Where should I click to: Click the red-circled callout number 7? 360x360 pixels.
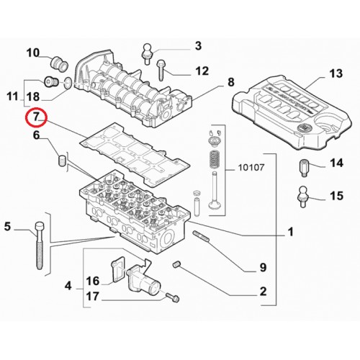pos(36,117)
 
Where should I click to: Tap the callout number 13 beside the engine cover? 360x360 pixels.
pos(336,73)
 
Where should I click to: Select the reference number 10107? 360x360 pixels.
pos(251,167)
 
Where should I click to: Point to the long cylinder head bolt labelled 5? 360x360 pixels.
pos(40,246)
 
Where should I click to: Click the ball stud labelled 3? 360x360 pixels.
pos(148,53)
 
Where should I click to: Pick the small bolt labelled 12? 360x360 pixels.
pos(161,70)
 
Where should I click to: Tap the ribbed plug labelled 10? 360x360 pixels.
pos(59,64)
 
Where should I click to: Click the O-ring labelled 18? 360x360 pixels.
pos(68,83)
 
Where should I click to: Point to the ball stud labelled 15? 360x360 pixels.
pos(303,197)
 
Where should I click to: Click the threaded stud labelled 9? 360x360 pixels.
pos(201,236)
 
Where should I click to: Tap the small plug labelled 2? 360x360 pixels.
pos(176,265)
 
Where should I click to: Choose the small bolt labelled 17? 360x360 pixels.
pos(173,297)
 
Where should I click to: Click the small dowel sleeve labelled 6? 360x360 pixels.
pos(62,160)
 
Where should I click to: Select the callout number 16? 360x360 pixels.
pos(93,281)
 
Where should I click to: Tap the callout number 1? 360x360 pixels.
pos(290,232)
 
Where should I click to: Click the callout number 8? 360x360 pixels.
pos(231,82)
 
